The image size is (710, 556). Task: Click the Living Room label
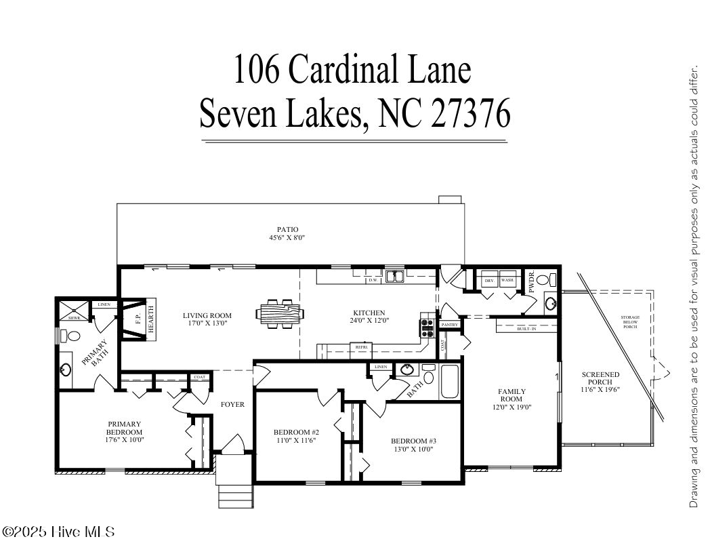207,315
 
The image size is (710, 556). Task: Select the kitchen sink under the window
394,276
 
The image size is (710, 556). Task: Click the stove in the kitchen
427,327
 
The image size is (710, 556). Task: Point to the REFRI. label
359,347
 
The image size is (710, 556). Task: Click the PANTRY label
450,325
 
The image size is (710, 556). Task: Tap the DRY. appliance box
488,281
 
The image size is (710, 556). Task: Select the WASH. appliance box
507,281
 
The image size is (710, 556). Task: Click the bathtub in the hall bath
449,382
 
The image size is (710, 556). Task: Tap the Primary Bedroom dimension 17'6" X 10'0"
124,440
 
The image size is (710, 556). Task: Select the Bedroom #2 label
296,432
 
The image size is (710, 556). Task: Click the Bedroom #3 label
413,441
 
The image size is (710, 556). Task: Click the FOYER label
232,405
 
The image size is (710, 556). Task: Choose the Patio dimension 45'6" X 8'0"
287,238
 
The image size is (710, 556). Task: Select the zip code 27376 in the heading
470,113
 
